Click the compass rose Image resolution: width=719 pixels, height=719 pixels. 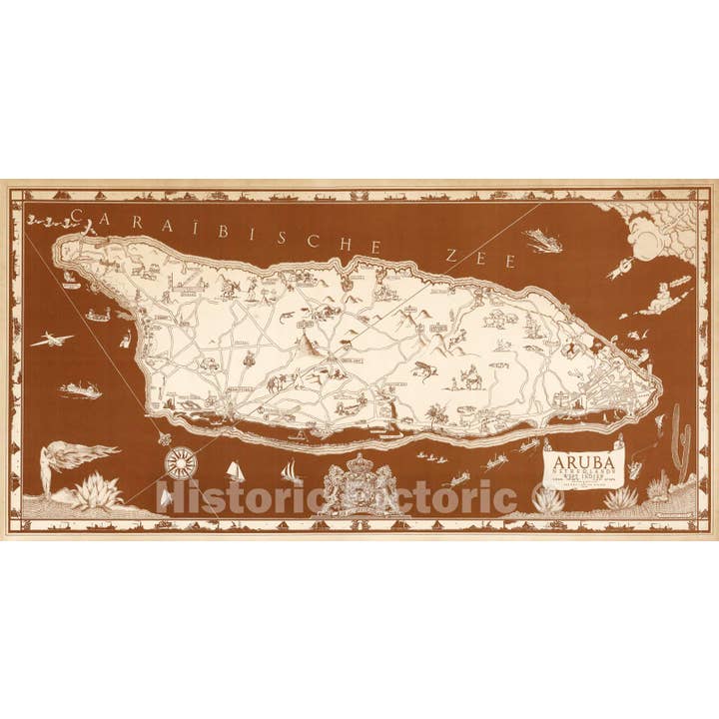click(x=181, y=461)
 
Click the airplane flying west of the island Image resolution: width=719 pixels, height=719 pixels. click(x=51, y=341)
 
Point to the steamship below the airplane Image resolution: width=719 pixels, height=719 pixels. click(x=81, y=388)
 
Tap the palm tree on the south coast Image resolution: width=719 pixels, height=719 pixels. click(x=433, y=412)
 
